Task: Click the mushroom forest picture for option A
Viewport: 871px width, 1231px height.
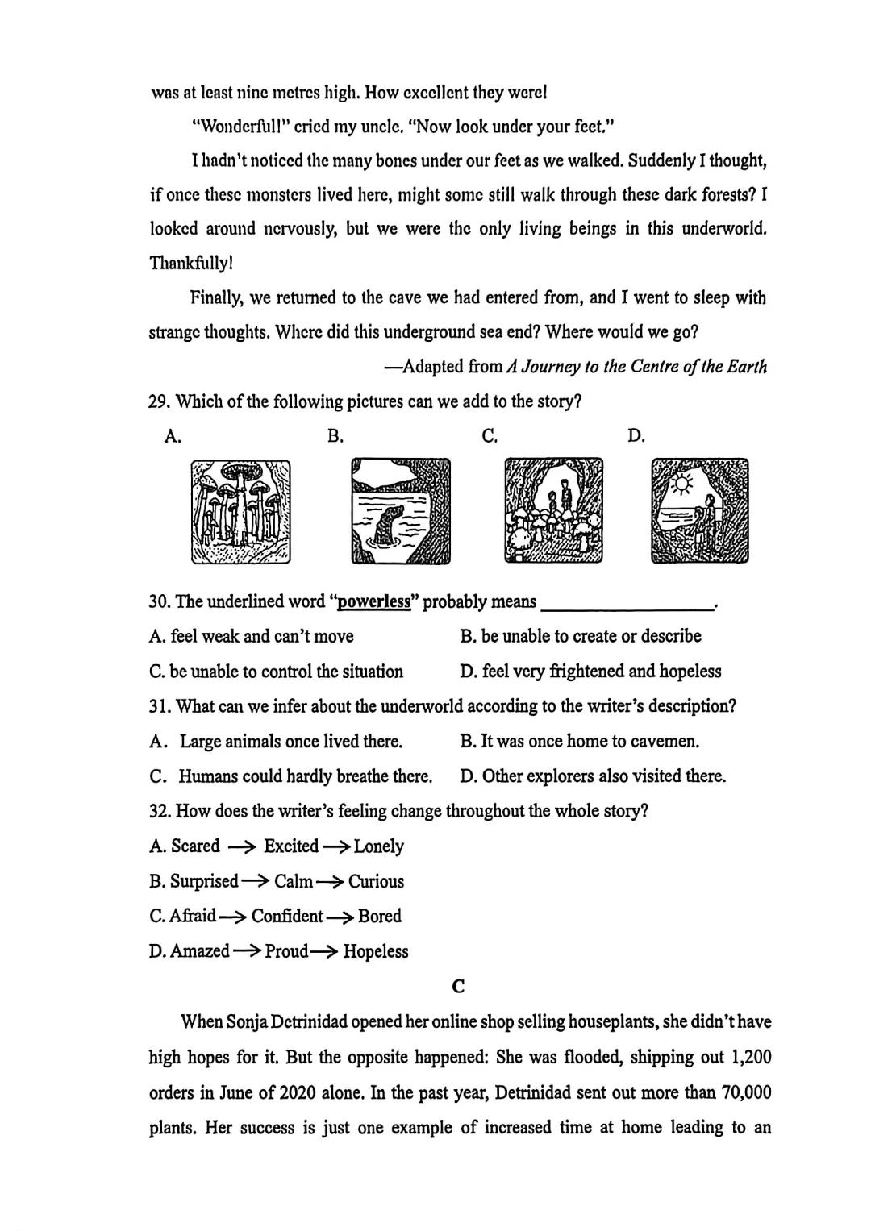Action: coord(240,511)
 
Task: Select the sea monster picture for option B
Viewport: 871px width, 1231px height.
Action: coord(401,511)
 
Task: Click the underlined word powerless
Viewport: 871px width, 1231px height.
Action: coord(373,602)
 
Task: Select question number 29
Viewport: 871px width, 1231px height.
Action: coord(158,401)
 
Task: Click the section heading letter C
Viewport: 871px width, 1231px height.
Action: coord(458,986)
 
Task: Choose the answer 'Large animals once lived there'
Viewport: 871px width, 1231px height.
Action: coord(290,742)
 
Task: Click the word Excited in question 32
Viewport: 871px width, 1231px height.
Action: coord(291,846)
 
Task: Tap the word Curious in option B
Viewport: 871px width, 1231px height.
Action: coord(376,881)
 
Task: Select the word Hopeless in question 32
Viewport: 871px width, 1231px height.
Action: coord(376,951)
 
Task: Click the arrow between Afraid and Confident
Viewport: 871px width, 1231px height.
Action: coord(233,917)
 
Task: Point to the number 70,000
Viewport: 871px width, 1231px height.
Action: coord(740,1093)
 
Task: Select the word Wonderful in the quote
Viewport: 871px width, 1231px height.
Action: coord(240,127)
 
